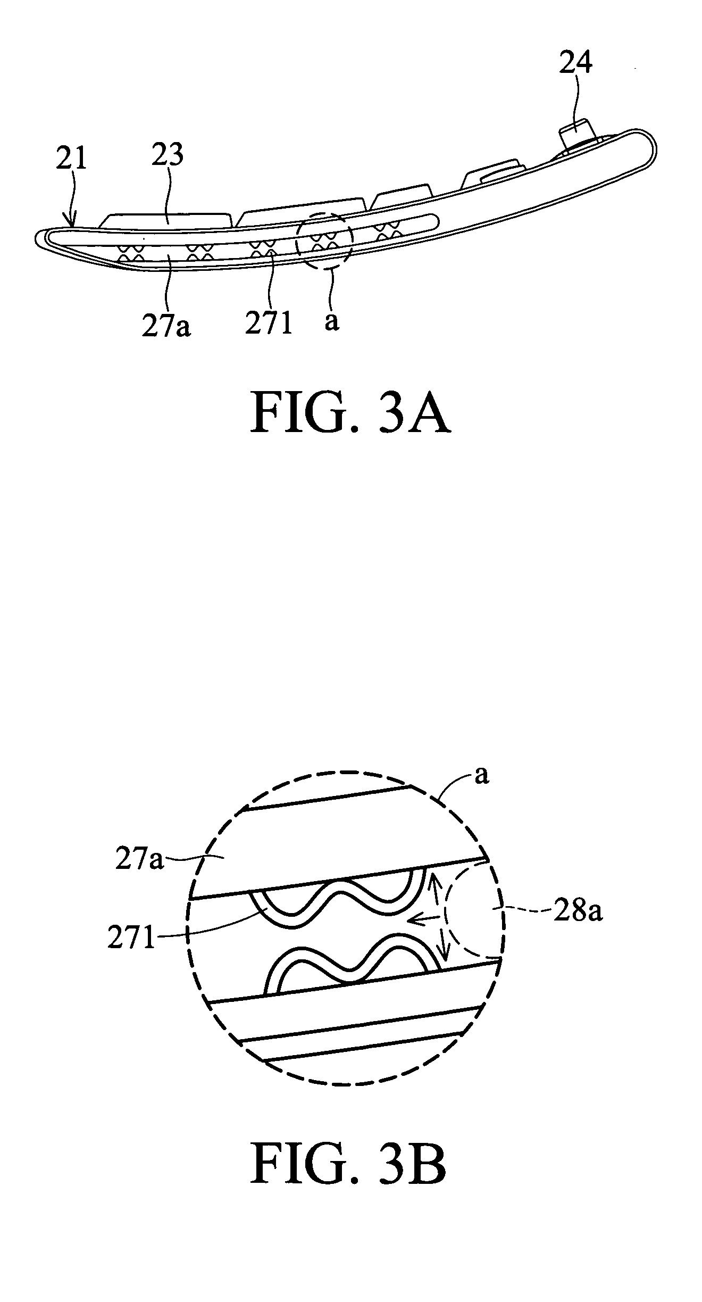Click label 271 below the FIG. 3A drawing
[269, 323]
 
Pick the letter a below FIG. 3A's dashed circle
[331, 321]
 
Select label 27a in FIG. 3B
[139, 860]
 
